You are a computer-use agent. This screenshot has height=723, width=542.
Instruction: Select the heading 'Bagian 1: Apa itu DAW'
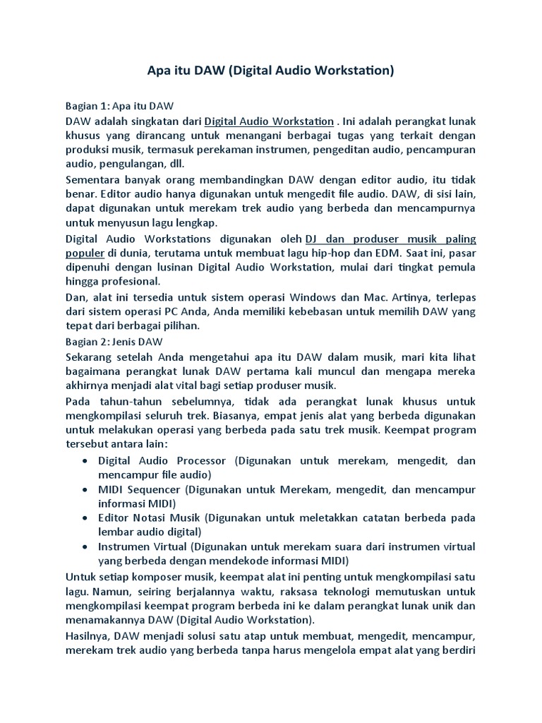pos(114,106)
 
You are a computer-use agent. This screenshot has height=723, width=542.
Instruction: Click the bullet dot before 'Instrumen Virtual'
pos(85,547)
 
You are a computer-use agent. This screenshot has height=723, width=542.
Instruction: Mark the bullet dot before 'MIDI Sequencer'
pos(85,490)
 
